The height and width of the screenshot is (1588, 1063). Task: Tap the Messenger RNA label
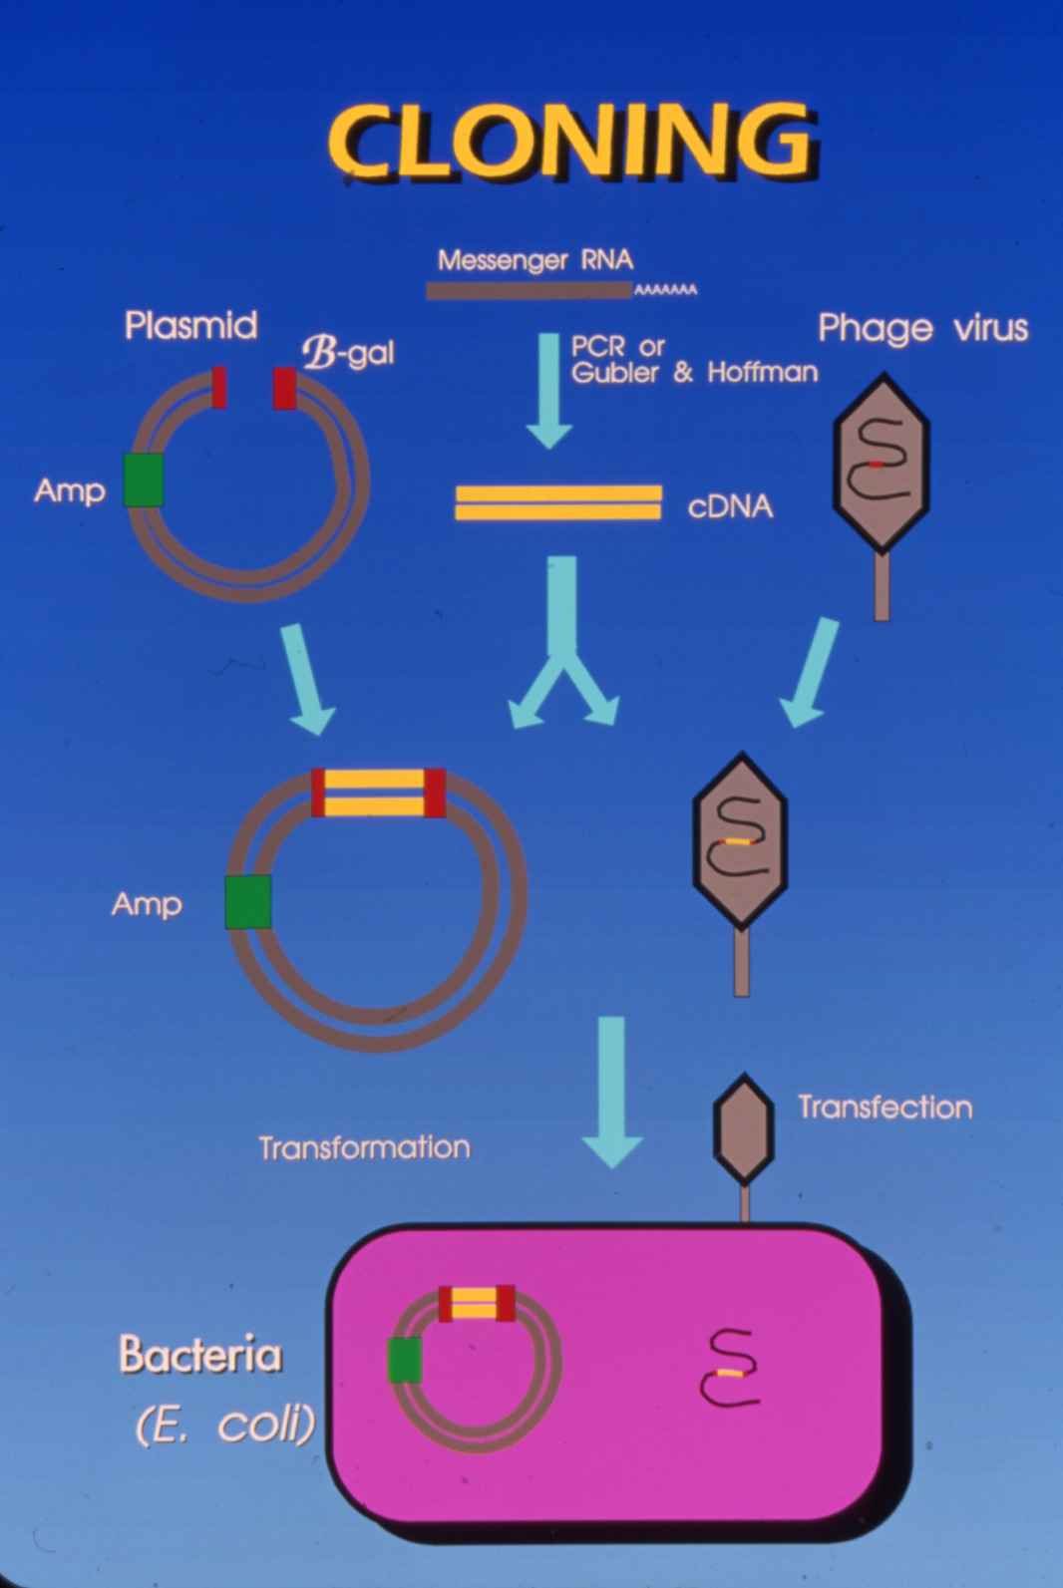(534, 260)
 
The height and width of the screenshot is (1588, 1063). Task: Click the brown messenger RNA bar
(528, 291)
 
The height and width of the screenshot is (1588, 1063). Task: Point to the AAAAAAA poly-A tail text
(666, 290)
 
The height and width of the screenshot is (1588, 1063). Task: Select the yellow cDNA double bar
(557, 502)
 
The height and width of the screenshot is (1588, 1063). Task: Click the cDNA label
(730, 506)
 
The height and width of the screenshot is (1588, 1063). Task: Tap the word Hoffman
(762, 373)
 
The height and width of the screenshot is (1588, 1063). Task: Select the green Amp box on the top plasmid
(144, 479)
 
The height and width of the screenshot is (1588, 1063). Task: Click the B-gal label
(348, 352)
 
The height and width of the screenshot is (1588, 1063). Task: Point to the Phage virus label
(922, 328)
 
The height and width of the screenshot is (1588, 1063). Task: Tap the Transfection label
(885, 1108)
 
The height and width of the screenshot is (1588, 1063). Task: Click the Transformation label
(364, 1147)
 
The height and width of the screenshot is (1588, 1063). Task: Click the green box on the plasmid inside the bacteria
(404, 1360)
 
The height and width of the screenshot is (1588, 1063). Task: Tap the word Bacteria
(200, 1356)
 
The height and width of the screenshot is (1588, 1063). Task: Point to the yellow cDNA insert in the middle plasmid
(378, 793)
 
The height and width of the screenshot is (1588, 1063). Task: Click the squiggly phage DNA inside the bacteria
(730, 1369)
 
